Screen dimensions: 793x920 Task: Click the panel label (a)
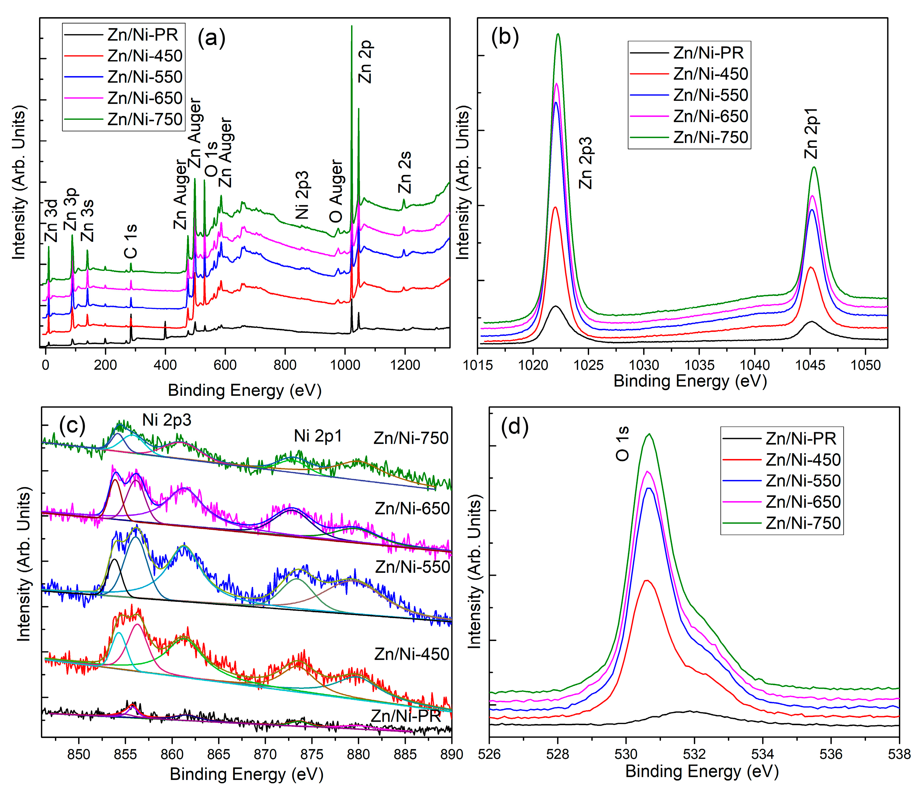211,38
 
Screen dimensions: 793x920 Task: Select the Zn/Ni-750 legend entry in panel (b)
710,138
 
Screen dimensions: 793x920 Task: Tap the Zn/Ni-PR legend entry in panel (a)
142,35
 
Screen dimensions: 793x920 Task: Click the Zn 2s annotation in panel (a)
405,172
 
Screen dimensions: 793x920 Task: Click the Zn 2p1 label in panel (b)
811,133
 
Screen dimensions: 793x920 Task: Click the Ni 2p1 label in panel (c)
318,436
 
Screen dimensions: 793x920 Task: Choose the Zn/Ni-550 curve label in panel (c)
412,567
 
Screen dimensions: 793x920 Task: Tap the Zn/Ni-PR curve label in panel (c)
405,716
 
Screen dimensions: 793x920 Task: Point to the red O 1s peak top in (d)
647,580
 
